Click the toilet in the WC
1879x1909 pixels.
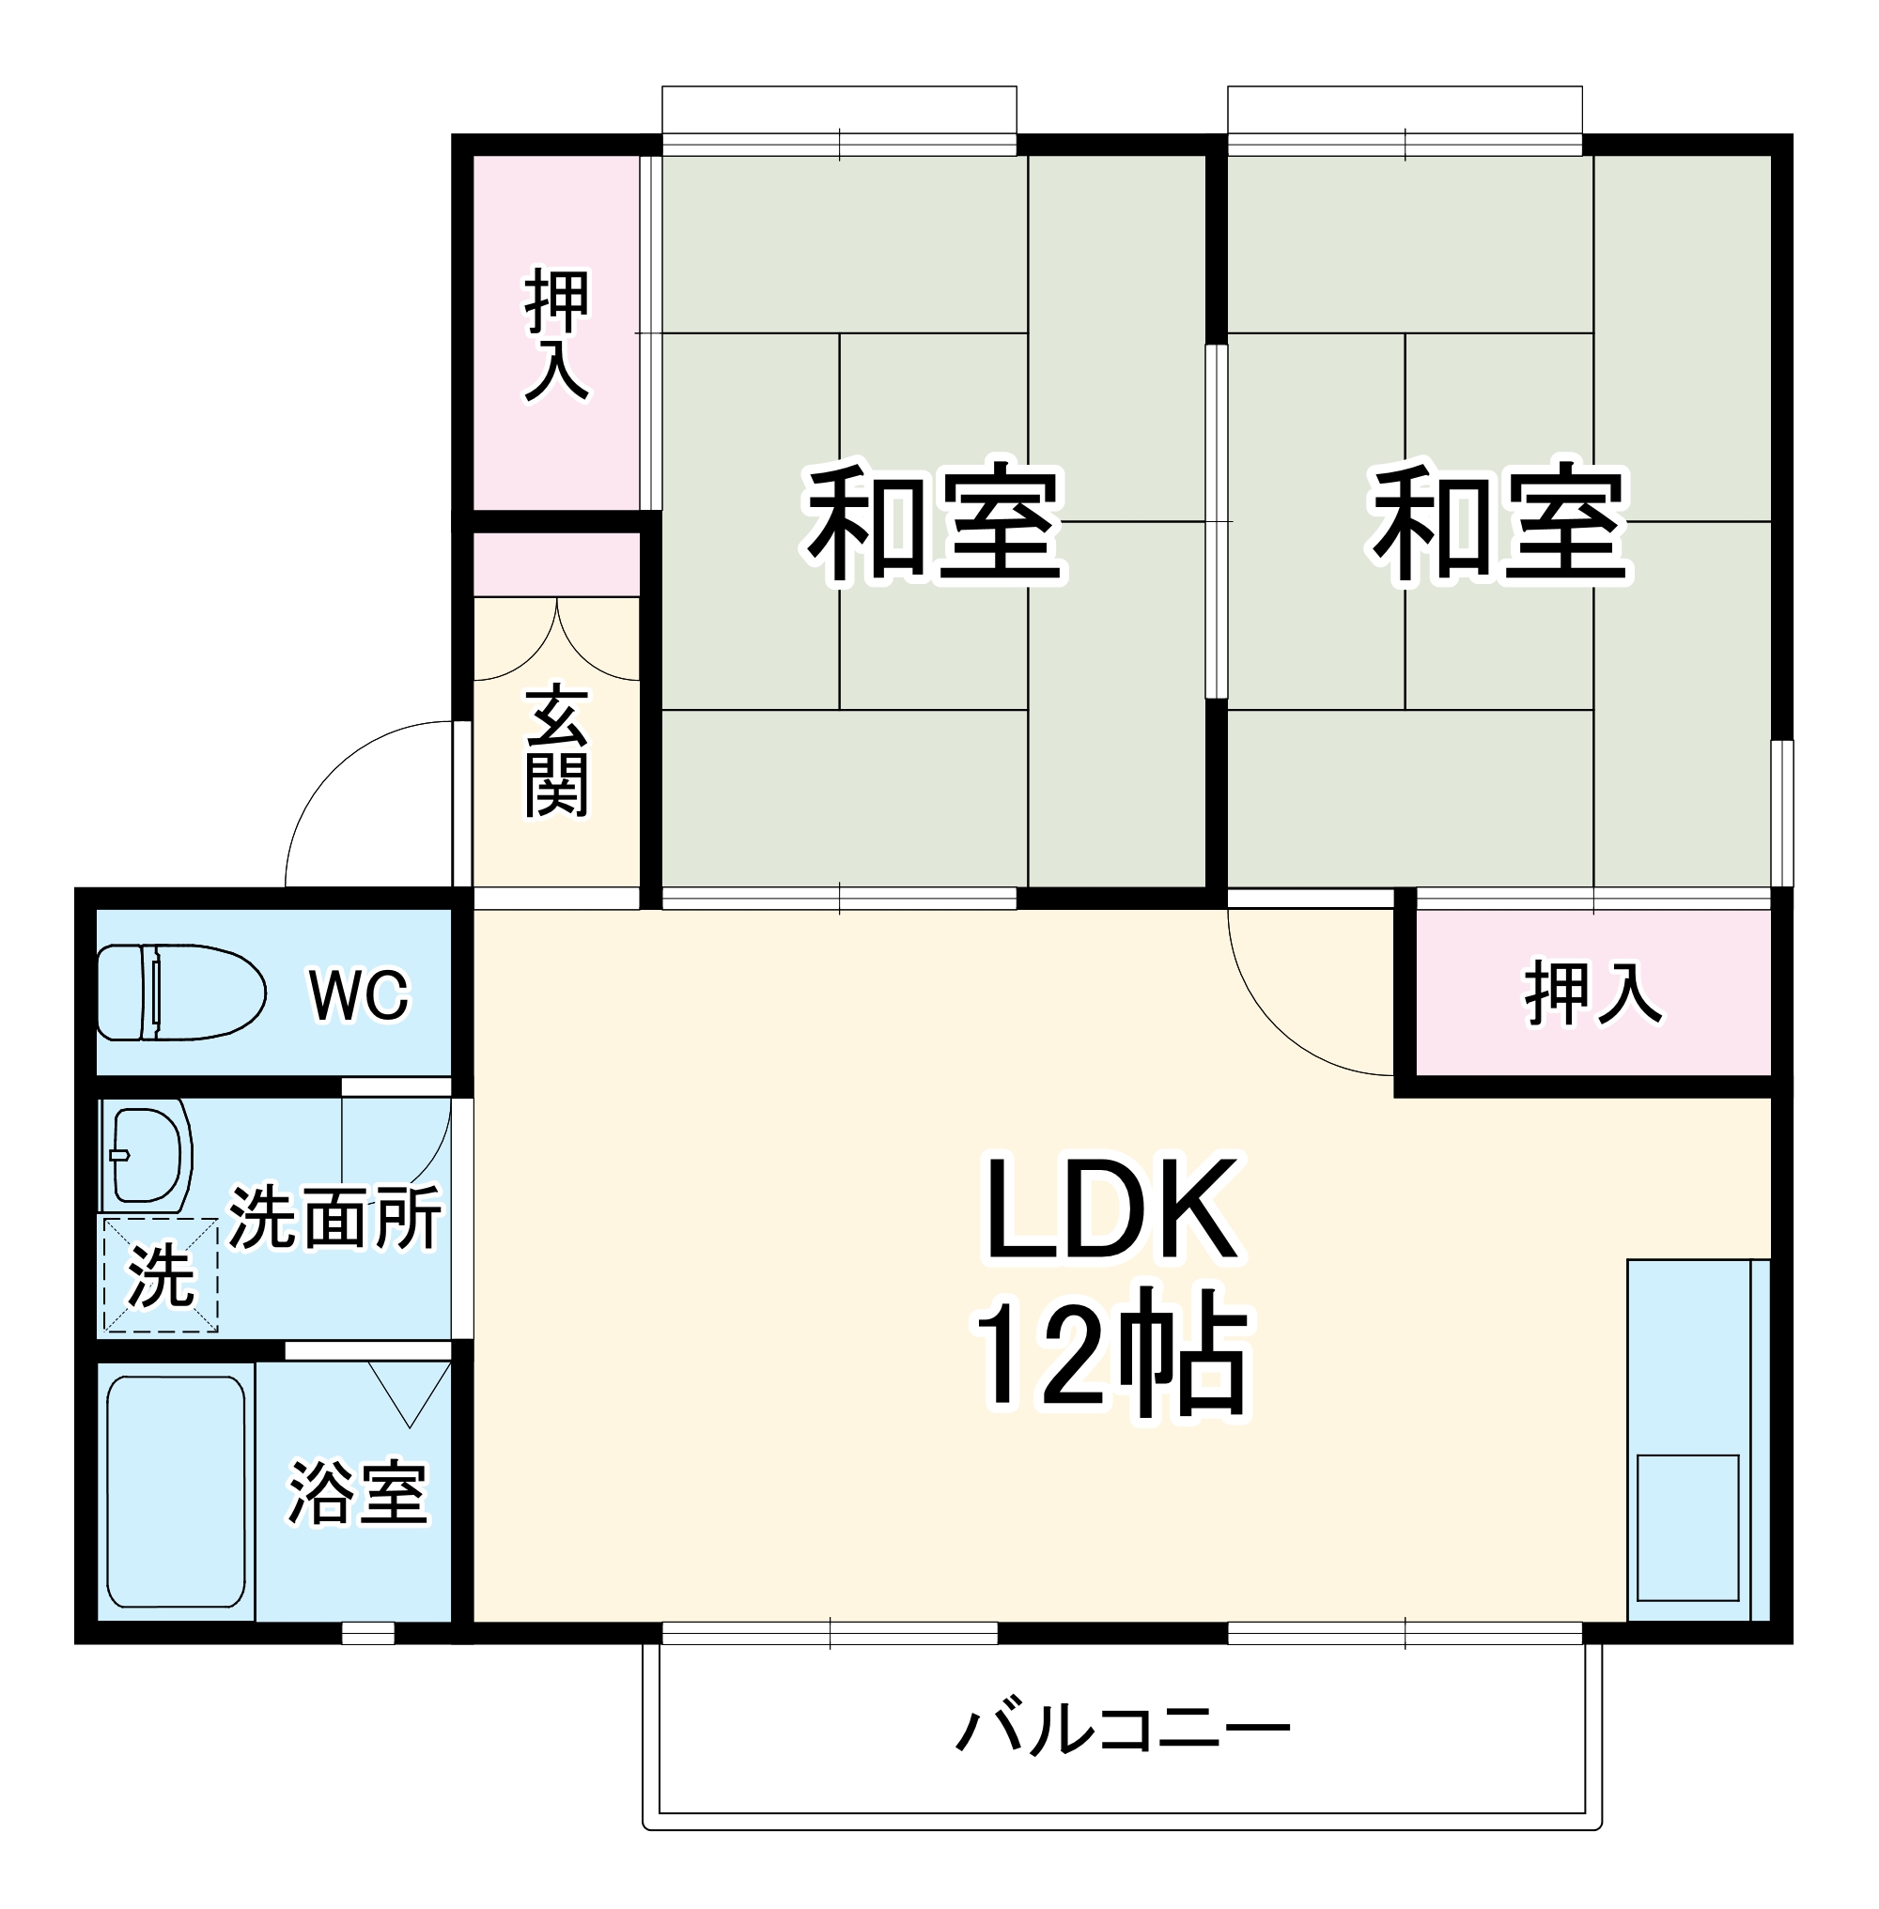click(180, 992)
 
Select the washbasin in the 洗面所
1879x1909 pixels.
click(148, 1155)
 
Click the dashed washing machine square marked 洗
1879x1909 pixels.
click(161, 1274)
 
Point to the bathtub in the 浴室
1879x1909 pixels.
click(176, 1492)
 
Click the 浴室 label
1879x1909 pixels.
click(357, 1493)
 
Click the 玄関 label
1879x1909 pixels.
click(556, 751)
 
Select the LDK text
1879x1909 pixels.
click(1111, 1209)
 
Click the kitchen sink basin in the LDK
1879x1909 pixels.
click(1686, 1527)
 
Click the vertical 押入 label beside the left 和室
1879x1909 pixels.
click(556, 334)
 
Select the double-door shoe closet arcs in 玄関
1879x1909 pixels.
click(556, 641)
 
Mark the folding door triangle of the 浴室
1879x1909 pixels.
click(410, 1392)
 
